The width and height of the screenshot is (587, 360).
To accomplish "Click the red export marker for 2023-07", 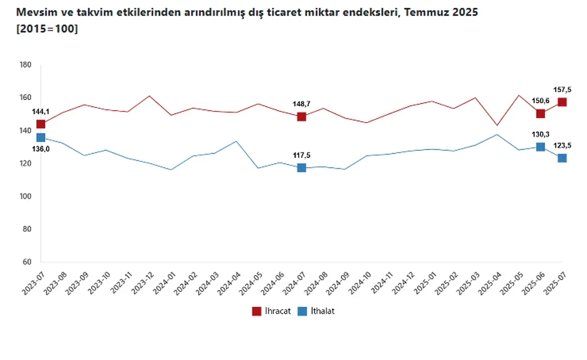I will coord(41,124).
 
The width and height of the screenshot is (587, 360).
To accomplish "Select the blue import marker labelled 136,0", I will coord(41,137).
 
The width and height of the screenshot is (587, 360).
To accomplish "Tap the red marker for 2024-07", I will coord(301,116).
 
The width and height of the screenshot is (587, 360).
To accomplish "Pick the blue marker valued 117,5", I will coord(301,168).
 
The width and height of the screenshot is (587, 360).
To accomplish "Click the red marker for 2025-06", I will coord(541,113).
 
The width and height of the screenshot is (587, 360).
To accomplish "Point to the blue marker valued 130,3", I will coord(541,147).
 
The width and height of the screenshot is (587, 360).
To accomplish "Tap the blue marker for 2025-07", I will coord(562,158).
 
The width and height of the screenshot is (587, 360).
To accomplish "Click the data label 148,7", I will coord(301,104).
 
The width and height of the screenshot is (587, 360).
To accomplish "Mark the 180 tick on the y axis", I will coord(26,65).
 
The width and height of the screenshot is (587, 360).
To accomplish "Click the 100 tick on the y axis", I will coord(26,196).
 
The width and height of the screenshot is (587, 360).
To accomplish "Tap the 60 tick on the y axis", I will coord(27,262).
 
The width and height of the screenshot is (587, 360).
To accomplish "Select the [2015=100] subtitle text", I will coord(46,28).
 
